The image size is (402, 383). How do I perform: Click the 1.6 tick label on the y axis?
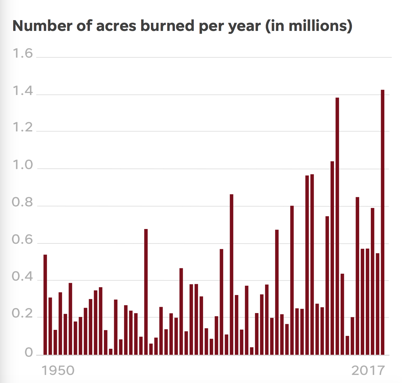23,54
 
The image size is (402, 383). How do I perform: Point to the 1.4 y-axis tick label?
23,91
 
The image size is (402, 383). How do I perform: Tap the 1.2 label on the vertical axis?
23,128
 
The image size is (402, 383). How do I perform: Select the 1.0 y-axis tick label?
23,165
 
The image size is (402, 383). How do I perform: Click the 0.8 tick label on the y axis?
23,203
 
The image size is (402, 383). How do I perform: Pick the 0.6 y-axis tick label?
23,240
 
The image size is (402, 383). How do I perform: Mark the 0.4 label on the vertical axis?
23,277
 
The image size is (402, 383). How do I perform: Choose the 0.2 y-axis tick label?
23,314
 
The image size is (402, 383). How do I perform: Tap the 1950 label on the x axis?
58,371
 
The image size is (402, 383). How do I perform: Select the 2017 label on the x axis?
368,371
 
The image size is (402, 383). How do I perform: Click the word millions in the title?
316,26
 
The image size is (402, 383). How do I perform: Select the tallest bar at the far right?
383,222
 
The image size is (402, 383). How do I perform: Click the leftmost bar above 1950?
45,305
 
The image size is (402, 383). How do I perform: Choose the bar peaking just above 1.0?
332,258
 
